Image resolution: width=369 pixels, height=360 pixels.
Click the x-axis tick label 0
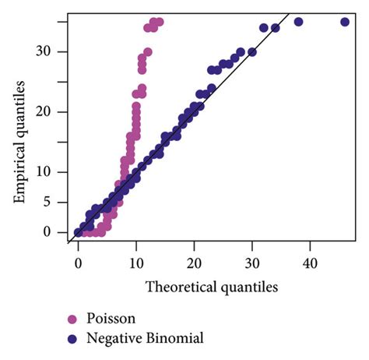[78, 263]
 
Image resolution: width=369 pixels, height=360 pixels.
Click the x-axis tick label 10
[135, 263]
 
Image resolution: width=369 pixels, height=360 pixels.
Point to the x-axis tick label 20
[194, 263]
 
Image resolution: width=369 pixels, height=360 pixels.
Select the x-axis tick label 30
[252, 263]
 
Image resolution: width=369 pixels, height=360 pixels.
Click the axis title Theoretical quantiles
[212, 287]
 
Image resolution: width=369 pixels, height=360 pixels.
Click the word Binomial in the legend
[175, 338]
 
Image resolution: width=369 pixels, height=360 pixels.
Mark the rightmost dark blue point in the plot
[346, 22]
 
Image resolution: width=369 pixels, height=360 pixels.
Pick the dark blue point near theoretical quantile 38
[298, 22]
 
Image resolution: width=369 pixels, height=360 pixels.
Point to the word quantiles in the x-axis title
[250, 287]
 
